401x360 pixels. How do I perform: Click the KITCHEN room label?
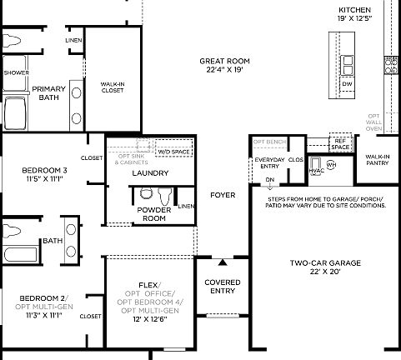[354, 9]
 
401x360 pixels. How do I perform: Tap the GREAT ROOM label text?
[224, 61]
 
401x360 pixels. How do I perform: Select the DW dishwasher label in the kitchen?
[348, 84]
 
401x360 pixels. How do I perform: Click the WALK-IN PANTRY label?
[377, 160]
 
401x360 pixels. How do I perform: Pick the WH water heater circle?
[331, 165]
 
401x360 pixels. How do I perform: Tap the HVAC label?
[316, 171]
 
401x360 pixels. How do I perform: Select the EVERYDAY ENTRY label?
[269, 162]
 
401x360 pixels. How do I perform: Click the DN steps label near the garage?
[269, 179]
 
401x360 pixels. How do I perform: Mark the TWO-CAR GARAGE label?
[325, 262]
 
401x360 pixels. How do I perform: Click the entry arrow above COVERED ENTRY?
[222, 262]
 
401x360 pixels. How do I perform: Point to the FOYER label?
[222, 195]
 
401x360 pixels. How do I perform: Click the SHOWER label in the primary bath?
[15, 72]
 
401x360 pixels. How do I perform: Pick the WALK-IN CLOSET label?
[113, 87]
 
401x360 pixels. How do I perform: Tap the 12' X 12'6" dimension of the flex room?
[148, 319]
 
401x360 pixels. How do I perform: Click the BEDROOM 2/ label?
[43, 297]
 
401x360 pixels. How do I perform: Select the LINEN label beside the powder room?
[186, 206]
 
